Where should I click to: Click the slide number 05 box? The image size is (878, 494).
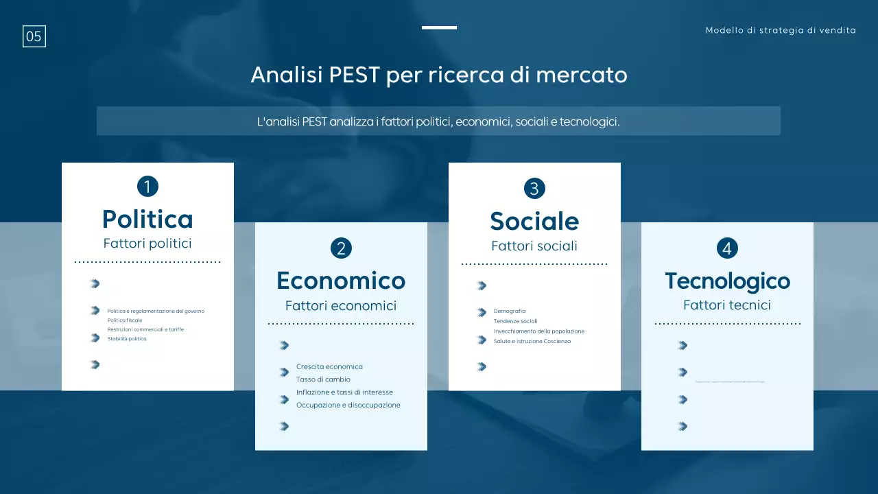point(34,36)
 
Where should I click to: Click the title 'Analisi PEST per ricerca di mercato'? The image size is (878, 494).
point(439,74)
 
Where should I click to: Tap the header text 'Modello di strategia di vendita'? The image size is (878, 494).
point(781,30)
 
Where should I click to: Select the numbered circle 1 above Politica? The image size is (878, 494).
point(147,186)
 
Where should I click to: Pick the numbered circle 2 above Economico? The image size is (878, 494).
point(341,248)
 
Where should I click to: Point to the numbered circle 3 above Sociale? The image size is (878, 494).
point(534,188)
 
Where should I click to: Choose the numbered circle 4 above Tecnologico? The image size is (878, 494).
point(727,248)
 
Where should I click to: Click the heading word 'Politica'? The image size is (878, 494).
point(147,219)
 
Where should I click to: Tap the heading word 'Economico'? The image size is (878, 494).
point(341,281)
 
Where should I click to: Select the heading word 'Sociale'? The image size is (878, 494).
point(534,221)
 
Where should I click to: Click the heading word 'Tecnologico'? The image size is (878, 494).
point(727,281)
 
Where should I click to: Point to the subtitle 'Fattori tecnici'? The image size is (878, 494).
point(727,305)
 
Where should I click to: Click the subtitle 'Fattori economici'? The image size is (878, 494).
point(341,306)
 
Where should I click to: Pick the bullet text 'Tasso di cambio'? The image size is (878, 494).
point(323,379)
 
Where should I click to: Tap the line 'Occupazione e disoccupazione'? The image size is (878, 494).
point(348,405)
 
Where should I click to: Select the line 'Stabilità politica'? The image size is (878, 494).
point(127,339)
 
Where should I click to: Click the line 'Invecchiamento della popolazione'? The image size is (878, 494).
point(539,331)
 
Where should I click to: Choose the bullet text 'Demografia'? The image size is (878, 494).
point(510,311)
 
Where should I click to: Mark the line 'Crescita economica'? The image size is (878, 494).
point(329,367)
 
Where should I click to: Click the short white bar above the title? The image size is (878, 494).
point(439,27)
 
